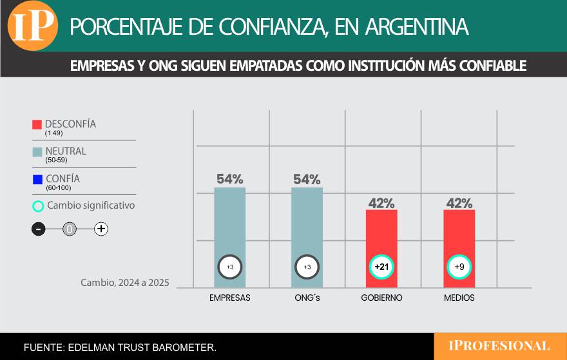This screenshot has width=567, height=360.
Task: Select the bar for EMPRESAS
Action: pyautogui.click(x=230, y=232)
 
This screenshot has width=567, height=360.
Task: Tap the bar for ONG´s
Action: pyautogui.click(x=307, y=232)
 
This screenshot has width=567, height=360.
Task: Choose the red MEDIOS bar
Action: pyautogui.click(x=459, y=242)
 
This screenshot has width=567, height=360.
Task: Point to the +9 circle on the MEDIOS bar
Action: pyautogui.click(x=459, y=267)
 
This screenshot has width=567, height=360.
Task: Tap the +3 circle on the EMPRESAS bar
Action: pyautogui.click(x=230, y=267)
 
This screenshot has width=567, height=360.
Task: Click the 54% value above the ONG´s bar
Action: pyautogui.click(x=307, y=179)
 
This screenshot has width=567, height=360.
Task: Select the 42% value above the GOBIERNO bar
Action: pyautogui.click(x=381, y=203)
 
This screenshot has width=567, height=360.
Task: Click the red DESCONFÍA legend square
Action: pyautogui.click(x=37, y=124)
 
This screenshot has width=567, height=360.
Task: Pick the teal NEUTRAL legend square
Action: pyautogui.click(x=37, y=152)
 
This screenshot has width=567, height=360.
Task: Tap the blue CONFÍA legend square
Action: pyautogui.click(x=37, y=179)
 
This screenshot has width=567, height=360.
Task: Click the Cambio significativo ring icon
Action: pyautogui.click(x=38, y=206)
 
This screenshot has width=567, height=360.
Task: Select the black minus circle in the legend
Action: pyautogui.click(x=39, y=229)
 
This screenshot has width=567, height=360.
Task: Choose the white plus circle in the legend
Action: pyautogui.click(x=101, y=229)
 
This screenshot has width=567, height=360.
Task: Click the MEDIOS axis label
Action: pyautogui.click(x=459, y=298)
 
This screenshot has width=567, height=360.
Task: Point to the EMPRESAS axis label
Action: pyautogui.click(x=230, y=298)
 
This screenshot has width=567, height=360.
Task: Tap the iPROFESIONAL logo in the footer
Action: pyautogui.click(x=499, y=346)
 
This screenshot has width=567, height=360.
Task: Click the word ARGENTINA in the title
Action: pyautogui.click(x=416, y=26)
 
